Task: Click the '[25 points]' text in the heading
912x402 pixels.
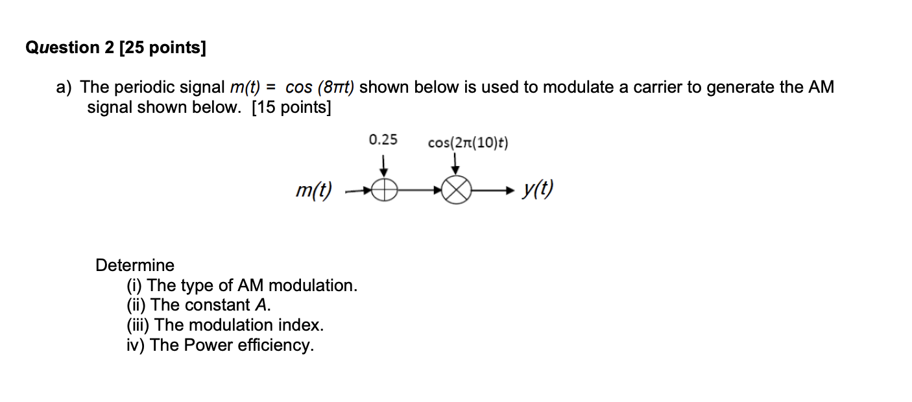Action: [x=163, y=49]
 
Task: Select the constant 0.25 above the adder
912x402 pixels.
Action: [x=383, y=139]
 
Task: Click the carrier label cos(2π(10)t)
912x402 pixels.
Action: [x=468, y=143]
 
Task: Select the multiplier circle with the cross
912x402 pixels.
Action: [x=457, y=191]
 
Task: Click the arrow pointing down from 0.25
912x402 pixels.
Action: [x=384, y=165]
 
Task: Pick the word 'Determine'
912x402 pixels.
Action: [x=135, y=265]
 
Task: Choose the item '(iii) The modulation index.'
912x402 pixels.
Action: [x=225, y=325]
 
